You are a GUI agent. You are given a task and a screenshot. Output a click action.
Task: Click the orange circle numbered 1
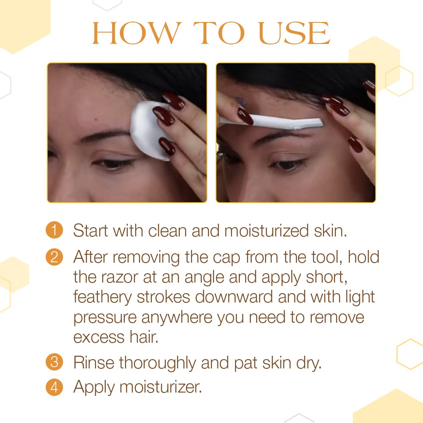[54, 231]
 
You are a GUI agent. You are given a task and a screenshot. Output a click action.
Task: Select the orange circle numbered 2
[54, 256]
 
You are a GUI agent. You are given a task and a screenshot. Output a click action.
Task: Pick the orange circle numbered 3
[54, 363]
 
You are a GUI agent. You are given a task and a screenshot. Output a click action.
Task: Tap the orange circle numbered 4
[54, 387]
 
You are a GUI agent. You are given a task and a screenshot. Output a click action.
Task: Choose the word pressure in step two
[105, 318]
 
